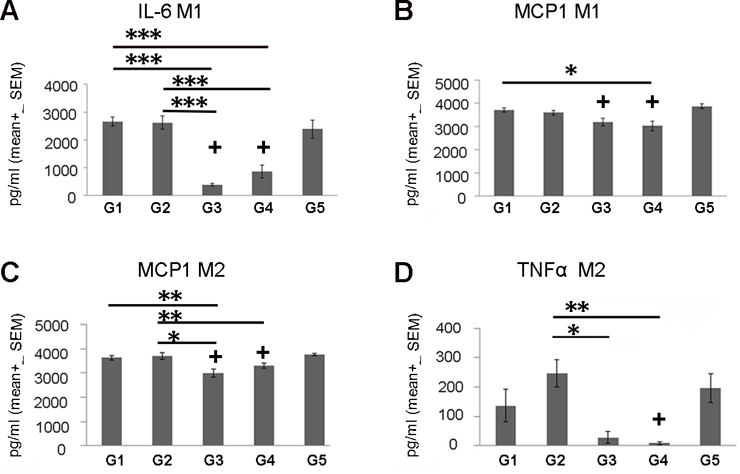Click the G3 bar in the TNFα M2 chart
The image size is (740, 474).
click(613, 441)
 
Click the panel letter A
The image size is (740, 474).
click(11, 13)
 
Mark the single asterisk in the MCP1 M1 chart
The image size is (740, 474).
click(570, 71)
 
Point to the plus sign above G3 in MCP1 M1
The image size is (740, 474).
click(602, 102)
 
